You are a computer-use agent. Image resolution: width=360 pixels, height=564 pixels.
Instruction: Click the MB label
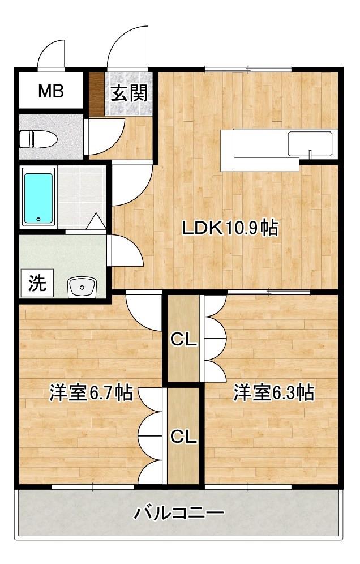[51, 91]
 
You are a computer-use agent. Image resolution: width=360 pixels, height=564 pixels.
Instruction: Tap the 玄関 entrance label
[128, 93]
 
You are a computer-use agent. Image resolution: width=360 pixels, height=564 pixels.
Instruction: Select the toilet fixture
[38, 139]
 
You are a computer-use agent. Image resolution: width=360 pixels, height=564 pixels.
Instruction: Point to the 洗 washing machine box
[37, 283]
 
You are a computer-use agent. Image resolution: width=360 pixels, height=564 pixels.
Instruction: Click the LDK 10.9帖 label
[230, 228]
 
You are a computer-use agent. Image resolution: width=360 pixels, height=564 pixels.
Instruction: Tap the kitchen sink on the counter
[310, 144]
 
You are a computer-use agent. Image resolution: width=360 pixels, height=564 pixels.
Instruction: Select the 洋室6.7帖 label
[91, 393]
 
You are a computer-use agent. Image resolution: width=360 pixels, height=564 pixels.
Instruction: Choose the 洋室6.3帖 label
[274, 392]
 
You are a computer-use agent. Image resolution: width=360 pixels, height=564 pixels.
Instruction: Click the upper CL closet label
[183, 339]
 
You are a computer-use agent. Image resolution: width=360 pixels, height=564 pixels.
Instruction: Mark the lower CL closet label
[183, 437]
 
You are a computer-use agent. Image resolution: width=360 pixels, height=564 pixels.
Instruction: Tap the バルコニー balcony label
[179, 512]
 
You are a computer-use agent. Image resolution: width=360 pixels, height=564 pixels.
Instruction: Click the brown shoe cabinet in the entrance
[96, 94]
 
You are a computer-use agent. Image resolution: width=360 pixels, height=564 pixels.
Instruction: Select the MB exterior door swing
[52, 54]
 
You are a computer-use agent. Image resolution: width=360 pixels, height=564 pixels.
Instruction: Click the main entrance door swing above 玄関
[128, 47]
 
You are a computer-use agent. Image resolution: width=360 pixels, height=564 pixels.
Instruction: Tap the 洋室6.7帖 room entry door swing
[144, 311]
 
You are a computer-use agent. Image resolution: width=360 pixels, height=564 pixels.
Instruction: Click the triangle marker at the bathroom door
[96, 221]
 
